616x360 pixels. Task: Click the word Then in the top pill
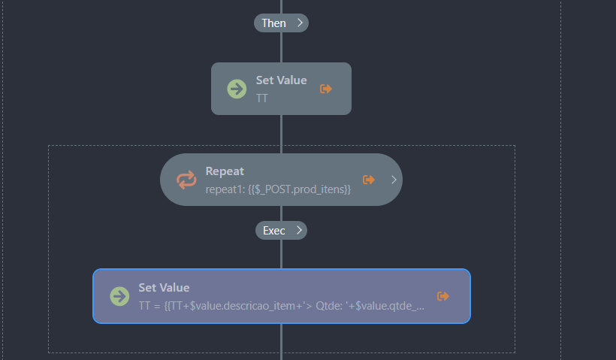(273, 23)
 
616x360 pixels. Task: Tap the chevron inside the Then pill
(300, 23)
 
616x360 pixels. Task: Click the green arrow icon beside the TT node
(237, 89)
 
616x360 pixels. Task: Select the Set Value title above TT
(281, 80)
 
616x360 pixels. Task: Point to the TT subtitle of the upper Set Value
(262, 98)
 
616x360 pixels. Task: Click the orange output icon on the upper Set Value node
(326, 89)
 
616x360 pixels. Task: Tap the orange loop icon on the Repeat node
(186, 180)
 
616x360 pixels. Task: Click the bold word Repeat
(225, 171)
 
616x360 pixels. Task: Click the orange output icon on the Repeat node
(369, 180)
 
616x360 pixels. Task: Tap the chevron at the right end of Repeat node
(394, 180)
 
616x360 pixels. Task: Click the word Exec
(273, 231)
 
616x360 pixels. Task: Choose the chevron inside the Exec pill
(299, 231)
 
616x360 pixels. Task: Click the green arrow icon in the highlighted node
(119, 296)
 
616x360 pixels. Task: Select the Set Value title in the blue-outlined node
(164, 288)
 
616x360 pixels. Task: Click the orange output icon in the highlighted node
(443, 296)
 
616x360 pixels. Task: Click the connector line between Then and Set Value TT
(281, 47)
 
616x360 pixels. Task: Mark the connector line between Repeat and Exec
(281, 213)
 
